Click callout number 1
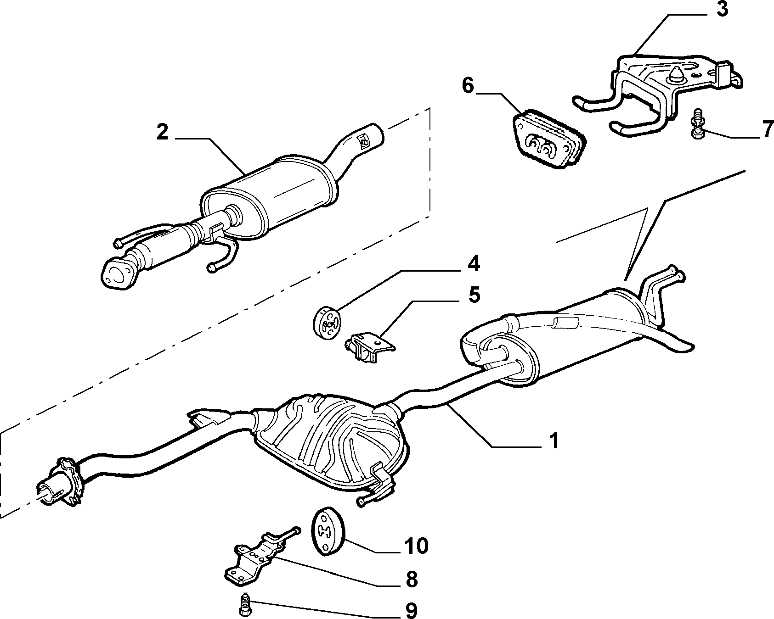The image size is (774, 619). click(554, 441)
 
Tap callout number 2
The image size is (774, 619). click(162, 132)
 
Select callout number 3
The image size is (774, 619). click(722, 9)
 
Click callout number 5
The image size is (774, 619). click(474, 295)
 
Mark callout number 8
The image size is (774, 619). click(411, 580)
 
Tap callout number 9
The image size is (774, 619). click(411, 610)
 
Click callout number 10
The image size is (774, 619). click(416, 546)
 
